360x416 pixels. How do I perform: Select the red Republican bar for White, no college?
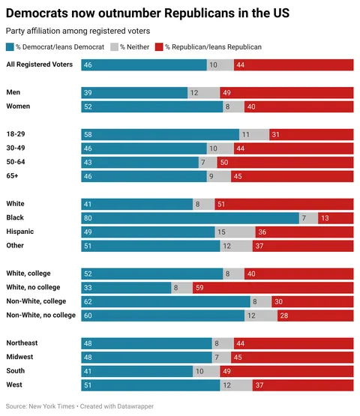click(273, 288)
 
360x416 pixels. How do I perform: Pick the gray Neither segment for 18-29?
click(254, 134)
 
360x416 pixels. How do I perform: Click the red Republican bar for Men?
click(286, 92)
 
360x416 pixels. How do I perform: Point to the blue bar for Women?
click(152, 106)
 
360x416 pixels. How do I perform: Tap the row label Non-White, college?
click(37, 301)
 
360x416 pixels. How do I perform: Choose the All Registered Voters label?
click(39, 64)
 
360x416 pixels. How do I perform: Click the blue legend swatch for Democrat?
click(10, 47)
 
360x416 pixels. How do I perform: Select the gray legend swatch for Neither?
click(115, 47)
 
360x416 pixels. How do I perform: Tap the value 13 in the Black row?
click(325, 218)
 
